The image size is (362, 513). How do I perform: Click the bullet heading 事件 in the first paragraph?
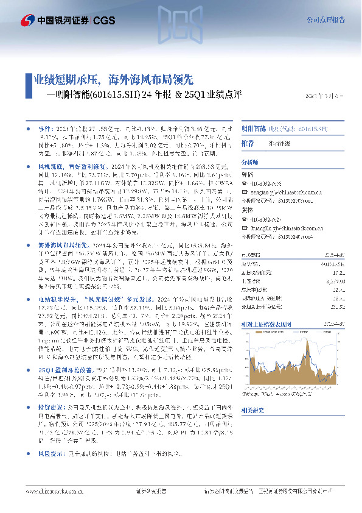coord(44,130)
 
